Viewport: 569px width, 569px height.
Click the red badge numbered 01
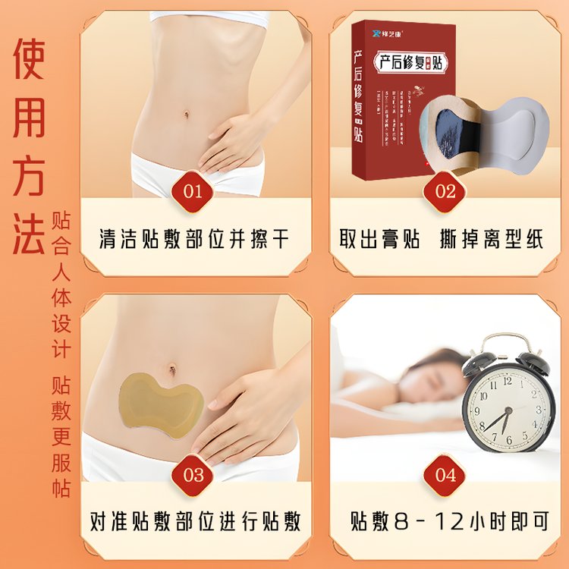tap(193, 190)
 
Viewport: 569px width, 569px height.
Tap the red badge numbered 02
tap(445, 190)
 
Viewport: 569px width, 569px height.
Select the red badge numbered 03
tap(193, 475)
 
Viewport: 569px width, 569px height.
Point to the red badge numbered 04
tap(445, 475)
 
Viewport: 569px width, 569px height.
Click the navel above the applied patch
tap(173, 369)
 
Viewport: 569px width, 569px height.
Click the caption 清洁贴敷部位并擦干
tap(194, 238)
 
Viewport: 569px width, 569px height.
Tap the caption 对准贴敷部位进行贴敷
tap(194, 522)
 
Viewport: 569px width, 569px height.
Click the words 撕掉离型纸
tap(492, 238)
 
